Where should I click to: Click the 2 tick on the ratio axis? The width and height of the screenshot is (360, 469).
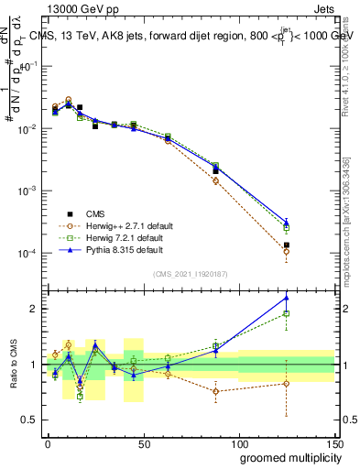click(x=35, y=309)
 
